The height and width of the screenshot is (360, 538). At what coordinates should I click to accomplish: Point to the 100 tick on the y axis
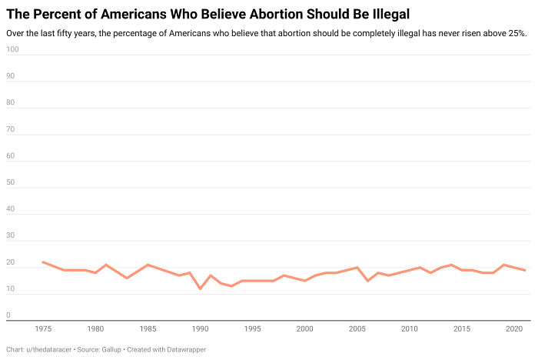pos(12,49)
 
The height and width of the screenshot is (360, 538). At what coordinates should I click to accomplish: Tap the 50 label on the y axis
pos(10,182)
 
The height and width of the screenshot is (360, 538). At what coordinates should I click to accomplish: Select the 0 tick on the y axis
pos(8,315)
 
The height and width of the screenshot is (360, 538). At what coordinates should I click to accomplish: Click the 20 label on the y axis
pos(10,262)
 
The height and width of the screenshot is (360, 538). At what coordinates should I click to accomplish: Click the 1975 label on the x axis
pos(43,328)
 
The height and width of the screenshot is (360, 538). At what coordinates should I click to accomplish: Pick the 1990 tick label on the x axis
pos(200,328)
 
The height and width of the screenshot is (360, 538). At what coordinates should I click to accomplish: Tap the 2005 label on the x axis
pos(357,328)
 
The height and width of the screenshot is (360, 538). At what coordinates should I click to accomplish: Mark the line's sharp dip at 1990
pos(200,288)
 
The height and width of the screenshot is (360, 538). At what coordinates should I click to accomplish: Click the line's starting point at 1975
pos(43,262)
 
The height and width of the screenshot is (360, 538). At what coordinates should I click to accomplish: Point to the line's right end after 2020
pos(524,270)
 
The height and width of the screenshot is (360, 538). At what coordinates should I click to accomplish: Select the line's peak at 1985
pos(148,265)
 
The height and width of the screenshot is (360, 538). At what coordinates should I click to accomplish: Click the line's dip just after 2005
pos(367,281)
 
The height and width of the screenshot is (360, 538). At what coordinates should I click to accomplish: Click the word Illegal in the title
pos(389,13)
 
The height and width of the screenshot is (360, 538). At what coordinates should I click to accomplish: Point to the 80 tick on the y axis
pos(10,102)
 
